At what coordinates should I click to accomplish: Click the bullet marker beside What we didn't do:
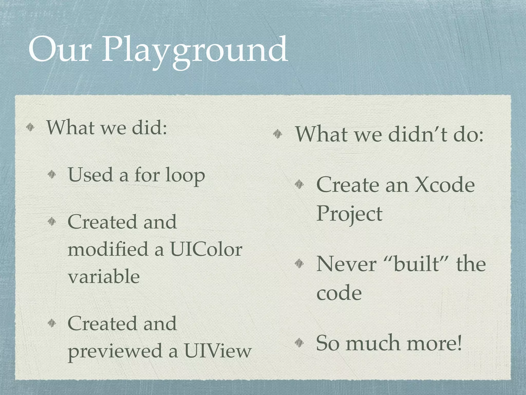tap(278, 133)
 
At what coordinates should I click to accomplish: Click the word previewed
tap(116, 351)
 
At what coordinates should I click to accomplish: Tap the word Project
tap(349, 213)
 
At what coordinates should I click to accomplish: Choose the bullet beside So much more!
tap(299, 342)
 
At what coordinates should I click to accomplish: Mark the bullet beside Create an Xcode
tap(299, 184)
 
